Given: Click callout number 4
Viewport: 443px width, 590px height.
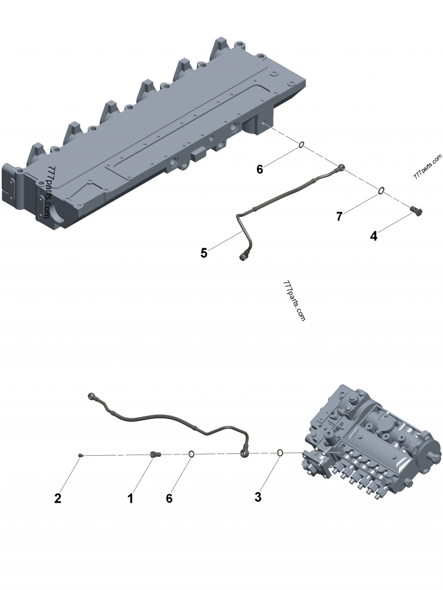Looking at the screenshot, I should point(374,236).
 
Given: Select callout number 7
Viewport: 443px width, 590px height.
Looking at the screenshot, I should point(339,216).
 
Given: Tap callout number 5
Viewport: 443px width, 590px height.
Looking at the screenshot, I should point(204,253).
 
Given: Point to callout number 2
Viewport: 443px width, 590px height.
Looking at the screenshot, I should point(58,498).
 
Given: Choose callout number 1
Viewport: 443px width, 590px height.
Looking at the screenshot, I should point(130,498).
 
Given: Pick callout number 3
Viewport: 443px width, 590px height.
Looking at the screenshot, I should point(257,497).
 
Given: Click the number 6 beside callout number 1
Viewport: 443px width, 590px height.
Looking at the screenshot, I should point(169,498).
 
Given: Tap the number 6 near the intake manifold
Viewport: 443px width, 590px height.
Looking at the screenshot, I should point(260,169).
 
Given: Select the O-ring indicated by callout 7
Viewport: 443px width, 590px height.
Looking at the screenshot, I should point(382,191).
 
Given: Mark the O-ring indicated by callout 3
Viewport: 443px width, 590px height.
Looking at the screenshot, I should point(281,453).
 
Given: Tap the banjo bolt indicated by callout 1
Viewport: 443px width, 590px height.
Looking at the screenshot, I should point(154,455).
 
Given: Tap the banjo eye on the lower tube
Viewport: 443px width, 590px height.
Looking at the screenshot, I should point(244,453).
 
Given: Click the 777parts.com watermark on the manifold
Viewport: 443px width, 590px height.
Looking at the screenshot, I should point(48,191).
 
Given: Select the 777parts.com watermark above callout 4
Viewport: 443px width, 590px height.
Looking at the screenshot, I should point(427,166).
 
